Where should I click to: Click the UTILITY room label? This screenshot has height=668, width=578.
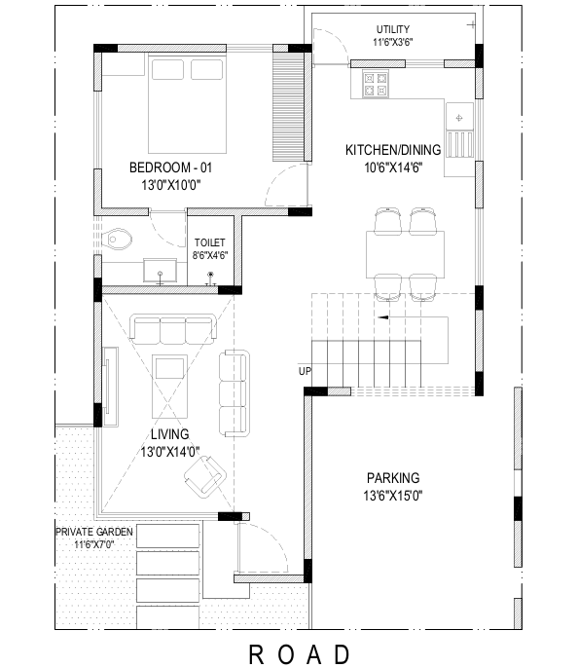(392, 29)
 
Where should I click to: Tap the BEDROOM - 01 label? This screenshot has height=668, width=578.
(170, 167)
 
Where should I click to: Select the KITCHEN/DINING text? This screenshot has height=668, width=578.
(393, 150)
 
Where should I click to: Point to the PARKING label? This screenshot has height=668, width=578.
(393, 478)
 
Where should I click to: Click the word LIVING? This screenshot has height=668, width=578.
(170, 434)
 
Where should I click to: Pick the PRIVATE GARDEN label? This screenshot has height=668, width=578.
(94, 532)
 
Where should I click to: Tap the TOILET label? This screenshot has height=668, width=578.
(210, 242)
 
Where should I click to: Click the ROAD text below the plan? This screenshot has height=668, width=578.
(299, 654)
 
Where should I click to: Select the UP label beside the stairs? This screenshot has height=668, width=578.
(305, 372)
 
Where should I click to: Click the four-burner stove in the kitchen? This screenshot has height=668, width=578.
(376, 85)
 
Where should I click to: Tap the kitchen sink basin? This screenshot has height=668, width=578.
(459, 116)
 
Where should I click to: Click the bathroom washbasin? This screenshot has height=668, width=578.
(160, 270)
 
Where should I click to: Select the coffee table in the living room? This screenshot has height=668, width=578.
(169, 387)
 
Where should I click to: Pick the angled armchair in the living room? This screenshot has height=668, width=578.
(205, 477)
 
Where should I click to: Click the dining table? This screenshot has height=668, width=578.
(405, 254)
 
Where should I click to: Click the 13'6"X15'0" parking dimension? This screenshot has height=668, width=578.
(393, 496)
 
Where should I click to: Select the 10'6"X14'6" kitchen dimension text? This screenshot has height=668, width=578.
(393, 167)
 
